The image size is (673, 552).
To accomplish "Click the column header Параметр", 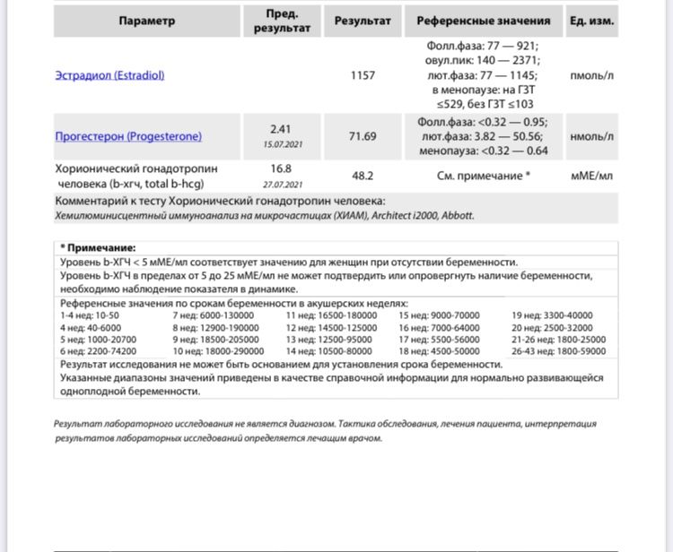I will [147, 21].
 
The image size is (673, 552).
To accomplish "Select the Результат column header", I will [363, 21].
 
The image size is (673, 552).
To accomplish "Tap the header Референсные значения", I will [483, 21].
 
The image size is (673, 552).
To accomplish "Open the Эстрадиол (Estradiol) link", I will [109, 76].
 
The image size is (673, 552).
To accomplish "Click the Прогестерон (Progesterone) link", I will [128, 136].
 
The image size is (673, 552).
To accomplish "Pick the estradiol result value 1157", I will [363, 76].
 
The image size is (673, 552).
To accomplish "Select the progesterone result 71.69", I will [363, 136].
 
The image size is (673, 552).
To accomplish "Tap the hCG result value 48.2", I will [363, 176].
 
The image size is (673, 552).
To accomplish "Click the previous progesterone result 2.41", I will [282, 129].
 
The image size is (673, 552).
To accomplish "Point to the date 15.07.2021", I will [282, 144].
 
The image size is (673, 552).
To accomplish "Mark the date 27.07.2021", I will [282, 184].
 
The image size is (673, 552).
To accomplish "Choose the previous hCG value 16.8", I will [282, 168].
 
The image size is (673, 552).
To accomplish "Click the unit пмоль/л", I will [591, 76].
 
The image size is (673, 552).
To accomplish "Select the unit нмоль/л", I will [591, 136].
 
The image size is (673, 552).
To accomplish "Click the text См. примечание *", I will [484, 176].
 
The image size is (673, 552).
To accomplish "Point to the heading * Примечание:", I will [98, 247].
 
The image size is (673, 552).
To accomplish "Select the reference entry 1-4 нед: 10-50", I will [90, 316].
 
